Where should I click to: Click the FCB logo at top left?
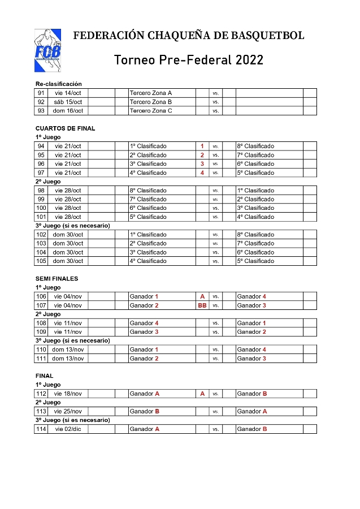tap(47, 50)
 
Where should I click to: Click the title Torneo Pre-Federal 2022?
tap(189, 59)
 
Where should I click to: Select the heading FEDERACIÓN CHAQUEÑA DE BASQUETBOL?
tap(189, 36)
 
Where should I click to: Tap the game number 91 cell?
tap(41, 93)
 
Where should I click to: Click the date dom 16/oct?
tap(68, 111)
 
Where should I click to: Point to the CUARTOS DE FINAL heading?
tap(65, 128)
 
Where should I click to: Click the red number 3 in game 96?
tap(202, 163)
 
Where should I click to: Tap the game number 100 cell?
tap(41, 208)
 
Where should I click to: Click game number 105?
tap(41, 261)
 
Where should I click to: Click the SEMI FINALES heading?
tap(57, 279)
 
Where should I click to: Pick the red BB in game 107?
tap(202, 305)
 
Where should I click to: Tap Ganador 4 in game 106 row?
tap(251, 296)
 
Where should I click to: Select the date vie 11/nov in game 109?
tap(68, 332)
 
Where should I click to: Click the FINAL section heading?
tap(44, 376)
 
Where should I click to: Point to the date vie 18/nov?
tap(68, 394)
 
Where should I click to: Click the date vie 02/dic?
tap(68, 429)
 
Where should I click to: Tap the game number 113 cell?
tap(41, 411)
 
